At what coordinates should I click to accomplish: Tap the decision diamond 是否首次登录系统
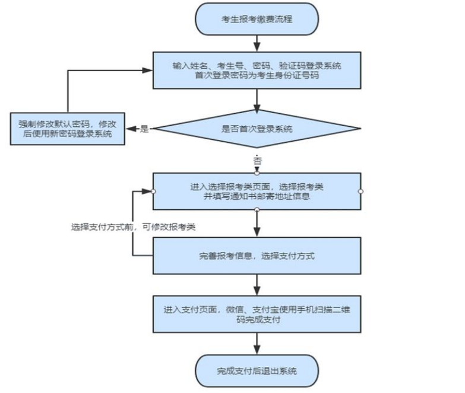click(x=256, y=129)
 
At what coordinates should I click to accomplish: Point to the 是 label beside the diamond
click(x=144, y=129)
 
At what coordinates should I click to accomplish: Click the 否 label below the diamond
click(x=257, y=161)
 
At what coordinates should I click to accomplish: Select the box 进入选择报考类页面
click(x=257, y=191)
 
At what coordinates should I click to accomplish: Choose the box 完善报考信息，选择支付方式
click(x=257, y=257)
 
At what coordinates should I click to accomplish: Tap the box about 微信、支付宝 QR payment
click(x=257, y=314)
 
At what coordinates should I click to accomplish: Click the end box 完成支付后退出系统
click(x=257, y=372)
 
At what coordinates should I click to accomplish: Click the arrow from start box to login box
click(x=256, y=43)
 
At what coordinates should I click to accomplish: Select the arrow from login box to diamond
click(x=256, y=101)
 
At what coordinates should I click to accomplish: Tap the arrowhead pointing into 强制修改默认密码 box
click(x=130, y=129)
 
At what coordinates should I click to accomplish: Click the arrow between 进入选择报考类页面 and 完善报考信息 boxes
click(x=257, y=224)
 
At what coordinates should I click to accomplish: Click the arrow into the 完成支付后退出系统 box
click(x=257, y=344)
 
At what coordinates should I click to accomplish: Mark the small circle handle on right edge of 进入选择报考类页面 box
click(x=360, y=191)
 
